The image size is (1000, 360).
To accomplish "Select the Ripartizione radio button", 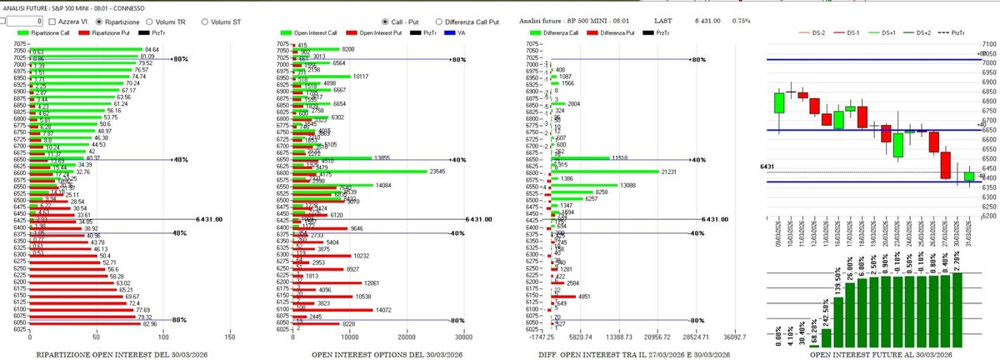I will tap(100, 21).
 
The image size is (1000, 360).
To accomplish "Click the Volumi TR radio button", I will tap(149, 21).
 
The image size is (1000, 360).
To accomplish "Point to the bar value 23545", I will tap(440, 172).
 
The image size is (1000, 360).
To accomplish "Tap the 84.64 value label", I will tap(152, 50).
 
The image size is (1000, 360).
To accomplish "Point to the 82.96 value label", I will tap(150, 323).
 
